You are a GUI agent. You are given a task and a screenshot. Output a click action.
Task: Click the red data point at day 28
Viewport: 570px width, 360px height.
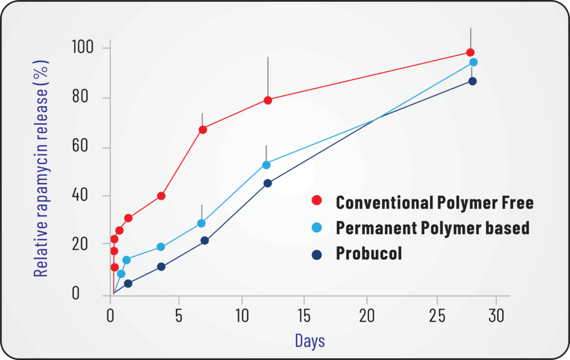[x=470, y=52]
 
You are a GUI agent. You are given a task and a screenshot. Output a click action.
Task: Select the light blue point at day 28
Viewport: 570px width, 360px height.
[x=473, y=62]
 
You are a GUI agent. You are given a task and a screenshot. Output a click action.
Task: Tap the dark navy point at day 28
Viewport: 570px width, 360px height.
[x=472, y=81]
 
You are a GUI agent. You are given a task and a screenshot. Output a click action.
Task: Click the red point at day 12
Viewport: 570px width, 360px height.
[x=268, y=100]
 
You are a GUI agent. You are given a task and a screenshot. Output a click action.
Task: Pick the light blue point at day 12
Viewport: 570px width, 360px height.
[x=266, y=165]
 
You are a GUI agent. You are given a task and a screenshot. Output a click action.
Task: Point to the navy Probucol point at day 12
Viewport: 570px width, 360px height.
[x=268, y=183]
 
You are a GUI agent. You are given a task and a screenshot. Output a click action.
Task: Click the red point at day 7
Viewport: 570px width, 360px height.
[x=203, y=130]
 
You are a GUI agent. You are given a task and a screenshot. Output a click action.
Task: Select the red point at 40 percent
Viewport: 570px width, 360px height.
[x=161, y=196]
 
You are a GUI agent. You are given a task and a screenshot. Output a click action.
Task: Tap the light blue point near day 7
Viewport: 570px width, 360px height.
[x=202, y=223]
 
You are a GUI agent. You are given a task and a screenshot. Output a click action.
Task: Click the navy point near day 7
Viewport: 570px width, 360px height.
[x=204, y=240]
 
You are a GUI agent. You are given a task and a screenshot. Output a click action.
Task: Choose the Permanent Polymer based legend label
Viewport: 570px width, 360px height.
[x=433, y=228]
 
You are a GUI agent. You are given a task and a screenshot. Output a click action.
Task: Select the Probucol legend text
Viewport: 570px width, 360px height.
[x=368, y=253]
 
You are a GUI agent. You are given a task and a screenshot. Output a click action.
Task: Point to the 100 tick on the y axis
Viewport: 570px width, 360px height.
[x=83, y=48]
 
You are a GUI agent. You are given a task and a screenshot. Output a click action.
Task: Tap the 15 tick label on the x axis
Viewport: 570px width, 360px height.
[x=303, y=317]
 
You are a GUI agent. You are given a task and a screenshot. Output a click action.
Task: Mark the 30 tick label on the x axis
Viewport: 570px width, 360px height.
[x=496, y=317]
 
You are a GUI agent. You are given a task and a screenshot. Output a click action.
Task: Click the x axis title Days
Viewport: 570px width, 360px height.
[x=310, y=340]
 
